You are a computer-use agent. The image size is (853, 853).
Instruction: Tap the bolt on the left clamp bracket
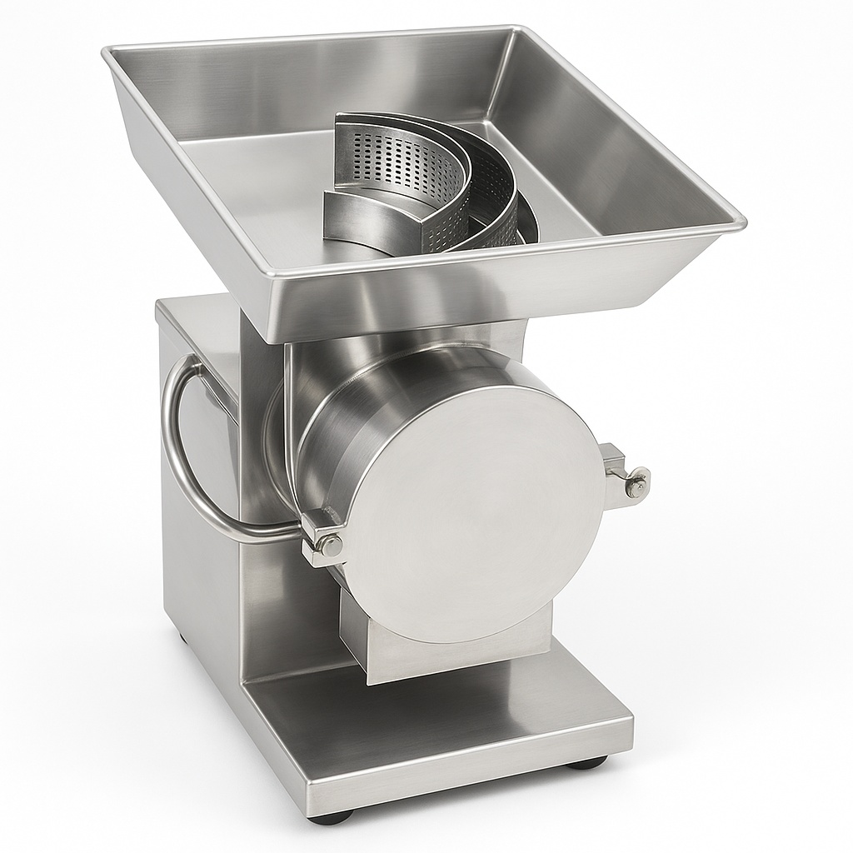330,546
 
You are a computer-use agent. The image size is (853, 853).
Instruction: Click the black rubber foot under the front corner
330,816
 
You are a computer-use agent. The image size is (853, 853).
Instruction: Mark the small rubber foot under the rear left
181,640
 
